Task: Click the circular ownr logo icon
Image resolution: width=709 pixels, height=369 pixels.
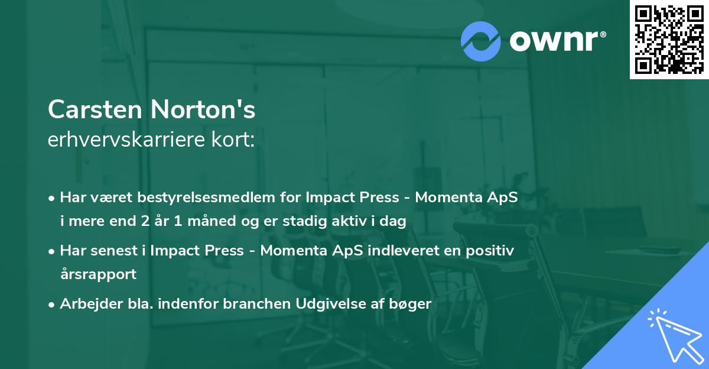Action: coord(481,41)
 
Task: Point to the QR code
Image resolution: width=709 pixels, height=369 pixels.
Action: coord(669,39)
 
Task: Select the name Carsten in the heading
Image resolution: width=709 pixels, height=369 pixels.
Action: coord(96,109)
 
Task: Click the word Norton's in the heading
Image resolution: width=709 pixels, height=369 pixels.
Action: coord(203,109)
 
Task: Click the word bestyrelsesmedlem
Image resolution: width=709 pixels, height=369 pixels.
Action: coord(195,198)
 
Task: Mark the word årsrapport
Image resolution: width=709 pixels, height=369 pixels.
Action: coord(98,274)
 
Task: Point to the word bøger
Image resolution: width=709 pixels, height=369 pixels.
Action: coord(413,304)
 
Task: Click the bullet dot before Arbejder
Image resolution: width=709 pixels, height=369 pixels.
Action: coord(53,305)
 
